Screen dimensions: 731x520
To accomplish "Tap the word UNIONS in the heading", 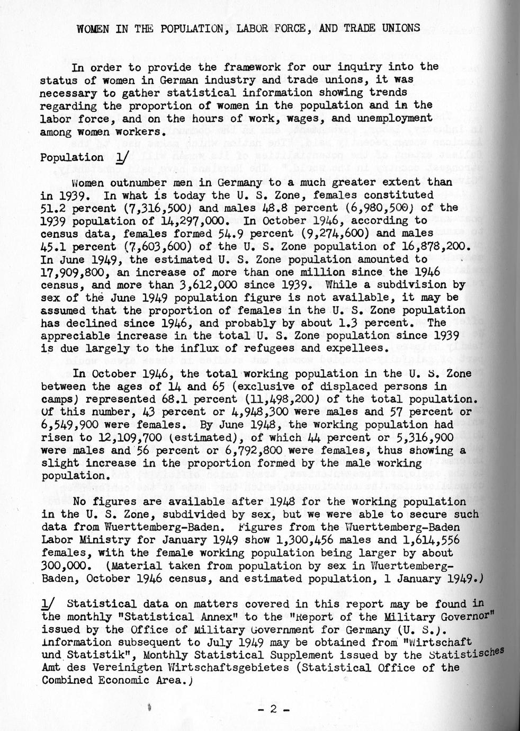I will (401, 28).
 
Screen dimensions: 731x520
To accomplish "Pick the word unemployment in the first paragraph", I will (394, 118).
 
